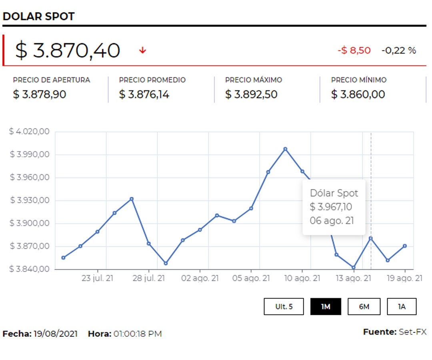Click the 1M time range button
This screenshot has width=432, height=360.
pyautogui.click(x=326, y=307)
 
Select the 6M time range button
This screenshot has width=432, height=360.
pyautogui.click(x=364, y=307)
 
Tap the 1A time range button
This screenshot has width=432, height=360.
pyautogui.click(x=402, y=307)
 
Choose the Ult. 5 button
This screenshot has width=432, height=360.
pyautogui.click(x=284, y=307)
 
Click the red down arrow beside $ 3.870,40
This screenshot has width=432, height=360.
pyautogui.click(x=143, y=50)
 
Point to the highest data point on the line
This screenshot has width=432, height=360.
pyautogui.click(x=285, y=149)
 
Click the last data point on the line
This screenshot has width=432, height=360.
pyautogui.click(x=405, y=246)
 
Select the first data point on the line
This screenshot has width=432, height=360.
pyautogui.click(x=63, y=258)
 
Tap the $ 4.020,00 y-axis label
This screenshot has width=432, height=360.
pyautogui.click(x=29, y=132)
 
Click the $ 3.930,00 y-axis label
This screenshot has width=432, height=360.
pyautogui.click(x=29, y=200)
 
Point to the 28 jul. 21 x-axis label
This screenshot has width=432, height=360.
pyautogui.click(x=148, y=278)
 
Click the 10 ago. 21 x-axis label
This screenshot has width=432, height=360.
pyautogui.click(x=302, y=278)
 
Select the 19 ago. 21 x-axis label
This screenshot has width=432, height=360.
pyautogui.click(x=404, y=278)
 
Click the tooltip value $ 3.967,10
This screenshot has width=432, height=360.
pyautogui.click(x=331, y=207)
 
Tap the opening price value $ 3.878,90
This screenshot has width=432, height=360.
pyautogui.click(x=40, y=95)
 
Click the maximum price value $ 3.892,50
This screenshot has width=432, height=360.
pyautogui.click(x=251, y=95)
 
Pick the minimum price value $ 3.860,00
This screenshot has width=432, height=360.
pyautogui.click(x=358, y=95)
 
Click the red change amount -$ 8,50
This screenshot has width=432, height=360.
pyautogui.click(x=354, y=50)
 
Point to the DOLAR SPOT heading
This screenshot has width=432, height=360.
pyautogui.click(x=38, y=16)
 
